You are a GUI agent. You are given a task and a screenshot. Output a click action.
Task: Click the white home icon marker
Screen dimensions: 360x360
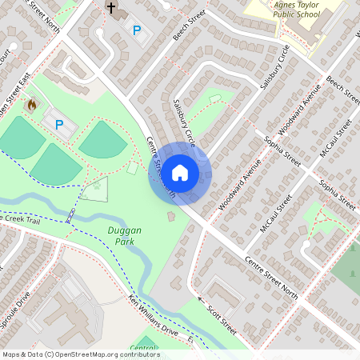coord(180,172)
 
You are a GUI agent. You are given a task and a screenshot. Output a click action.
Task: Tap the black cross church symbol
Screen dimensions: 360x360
coord(112,10)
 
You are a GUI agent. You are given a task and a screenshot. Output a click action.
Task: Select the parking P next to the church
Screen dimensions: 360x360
coord(137,30)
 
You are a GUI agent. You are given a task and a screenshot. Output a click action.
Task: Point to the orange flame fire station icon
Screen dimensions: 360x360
coord(32,104)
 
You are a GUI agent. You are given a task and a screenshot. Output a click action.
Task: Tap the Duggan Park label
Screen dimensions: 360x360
coord(124,235)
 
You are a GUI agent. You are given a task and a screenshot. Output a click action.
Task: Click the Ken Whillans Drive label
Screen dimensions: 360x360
coord(161,321)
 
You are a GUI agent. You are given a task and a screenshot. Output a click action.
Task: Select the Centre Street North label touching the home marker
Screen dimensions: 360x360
coord(159,166)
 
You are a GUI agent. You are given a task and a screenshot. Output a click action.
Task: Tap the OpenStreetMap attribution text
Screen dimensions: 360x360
coord(80,354)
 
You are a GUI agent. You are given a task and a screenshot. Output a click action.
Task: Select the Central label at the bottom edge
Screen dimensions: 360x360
coord(144,349)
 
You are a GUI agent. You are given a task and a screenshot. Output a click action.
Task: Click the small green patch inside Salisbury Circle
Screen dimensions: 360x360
coord(215,98)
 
